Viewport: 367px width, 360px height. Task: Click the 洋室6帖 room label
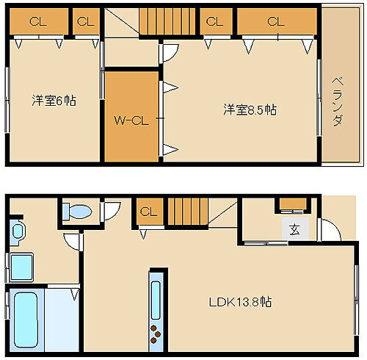(54, 101)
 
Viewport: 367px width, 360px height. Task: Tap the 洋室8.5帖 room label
(250, 110)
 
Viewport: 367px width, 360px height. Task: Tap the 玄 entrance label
(294, 230)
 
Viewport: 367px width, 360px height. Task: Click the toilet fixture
(76, 212)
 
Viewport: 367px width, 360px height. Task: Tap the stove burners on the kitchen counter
(157, 332)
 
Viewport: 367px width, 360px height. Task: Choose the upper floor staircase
(161, 22)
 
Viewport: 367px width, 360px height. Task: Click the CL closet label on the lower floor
(148, 212)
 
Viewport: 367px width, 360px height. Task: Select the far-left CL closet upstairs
(37, 21)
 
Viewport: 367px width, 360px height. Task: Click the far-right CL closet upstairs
(275, 21)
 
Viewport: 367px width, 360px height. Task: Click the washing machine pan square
(21, 267)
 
